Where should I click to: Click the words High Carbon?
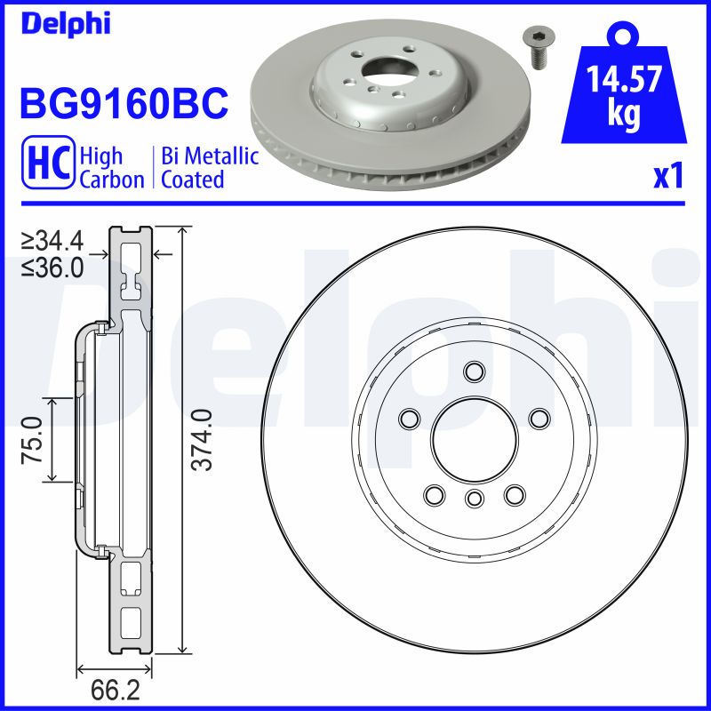click(111, 168)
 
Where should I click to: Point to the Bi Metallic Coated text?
click(210, 168)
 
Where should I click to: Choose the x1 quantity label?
click(668, 177)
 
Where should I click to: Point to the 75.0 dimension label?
click(33, 439)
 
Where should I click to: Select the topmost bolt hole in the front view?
click(473, 371)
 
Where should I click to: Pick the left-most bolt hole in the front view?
click(410, 418)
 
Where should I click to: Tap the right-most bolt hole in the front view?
click(538, 418)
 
